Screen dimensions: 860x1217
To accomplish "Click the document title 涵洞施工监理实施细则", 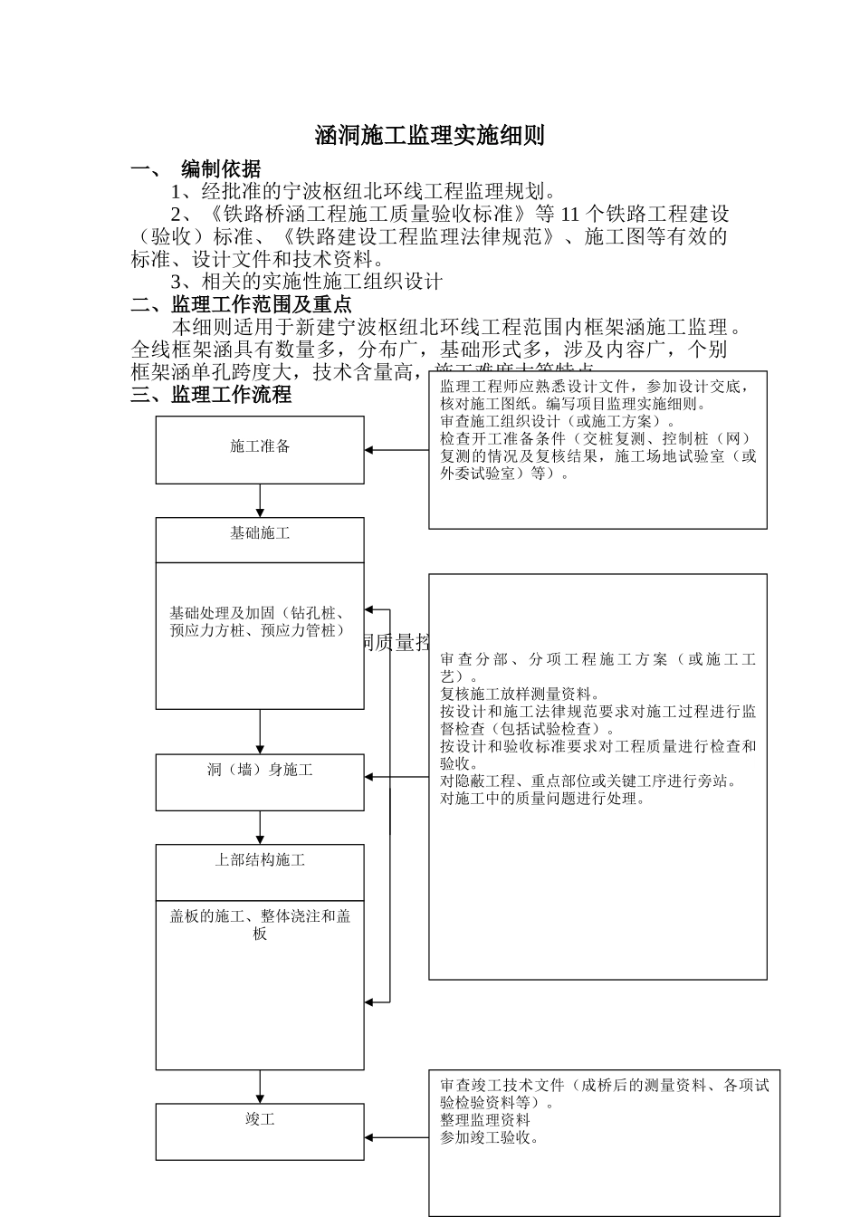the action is [429, 136].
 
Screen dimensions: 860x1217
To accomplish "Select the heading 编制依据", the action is [221, 169].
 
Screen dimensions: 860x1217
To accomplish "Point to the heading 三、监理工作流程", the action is [211, 395].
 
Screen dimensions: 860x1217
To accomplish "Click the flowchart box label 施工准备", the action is [260, 446].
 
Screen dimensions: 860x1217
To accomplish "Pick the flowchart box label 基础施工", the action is [260, 533].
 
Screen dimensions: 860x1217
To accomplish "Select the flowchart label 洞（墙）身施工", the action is [260, 770].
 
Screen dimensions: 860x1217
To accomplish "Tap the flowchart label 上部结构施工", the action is [260, 859].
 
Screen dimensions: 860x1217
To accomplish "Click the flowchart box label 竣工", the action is [260, 1119].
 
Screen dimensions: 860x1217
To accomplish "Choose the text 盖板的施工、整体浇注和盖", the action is [260, 916].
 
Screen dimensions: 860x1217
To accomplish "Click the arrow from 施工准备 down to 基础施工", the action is [260, 501].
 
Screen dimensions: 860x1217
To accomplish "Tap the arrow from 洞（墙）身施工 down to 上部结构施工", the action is [260, 828].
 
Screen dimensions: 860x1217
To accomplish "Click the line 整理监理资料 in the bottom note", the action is [485, 1120].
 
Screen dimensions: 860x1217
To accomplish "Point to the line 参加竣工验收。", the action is [490, 1137].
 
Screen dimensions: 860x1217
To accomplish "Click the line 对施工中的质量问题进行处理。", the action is [543, 799].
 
